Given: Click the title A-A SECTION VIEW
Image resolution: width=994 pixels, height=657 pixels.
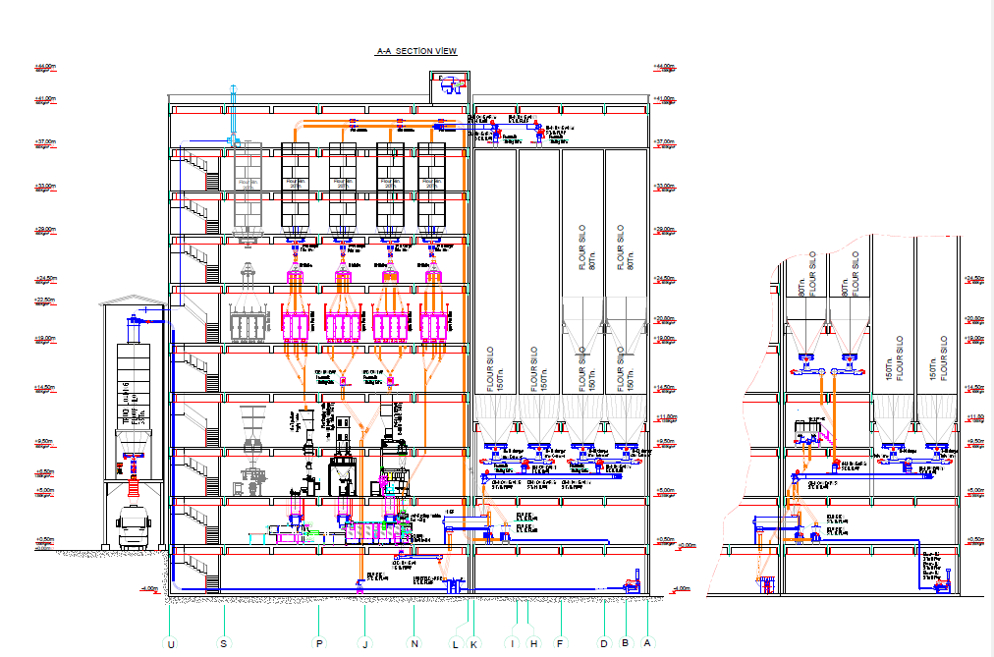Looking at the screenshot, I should click(x=416, y=51).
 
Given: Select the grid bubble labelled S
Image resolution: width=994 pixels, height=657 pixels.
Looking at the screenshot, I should click(x=224, y=643).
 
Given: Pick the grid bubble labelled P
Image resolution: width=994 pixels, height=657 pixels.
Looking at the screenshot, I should click(x=319, y=643).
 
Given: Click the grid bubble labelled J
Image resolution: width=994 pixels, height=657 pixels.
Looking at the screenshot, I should click(x=364, y=643).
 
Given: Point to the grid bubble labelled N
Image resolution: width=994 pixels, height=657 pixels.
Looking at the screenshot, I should click(x=415, y=643).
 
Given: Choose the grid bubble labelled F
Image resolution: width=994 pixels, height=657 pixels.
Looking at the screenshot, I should click(x=561, y=643).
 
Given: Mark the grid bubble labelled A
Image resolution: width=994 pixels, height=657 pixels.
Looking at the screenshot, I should click(x=647, y=643).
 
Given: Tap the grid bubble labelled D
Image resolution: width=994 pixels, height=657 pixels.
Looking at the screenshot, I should click(x=605, y=643).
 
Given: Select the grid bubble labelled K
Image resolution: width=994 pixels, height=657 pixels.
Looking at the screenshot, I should click(x=473, y=643).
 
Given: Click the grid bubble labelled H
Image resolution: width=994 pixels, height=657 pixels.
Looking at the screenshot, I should click(x=533, y=643).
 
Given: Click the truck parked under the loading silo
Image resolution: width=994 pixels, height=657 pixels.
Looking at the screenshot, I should click(x=133, y=527).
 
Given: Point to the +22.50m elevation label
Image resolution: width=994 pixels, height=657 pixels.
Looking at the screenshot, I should click(x=44, y=300).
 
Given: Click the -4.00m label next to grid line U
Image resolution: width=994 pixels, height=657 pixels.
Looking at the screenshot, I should click(x=148, y=589).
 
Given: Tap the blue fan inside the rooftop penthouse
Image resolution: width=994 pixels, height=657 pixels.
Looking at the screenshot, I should click(x=452, y=88).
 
